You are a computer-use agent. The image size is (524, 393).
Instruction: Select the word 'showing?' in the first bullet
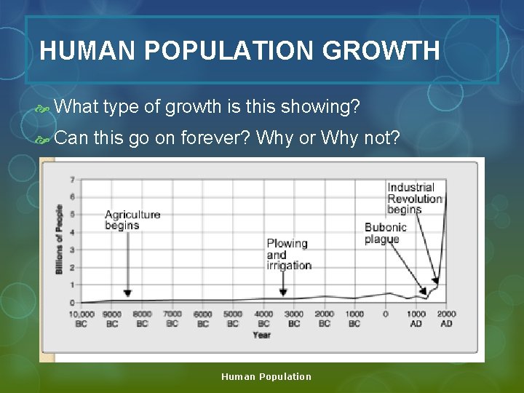pyautogui.click(x=323, y=107)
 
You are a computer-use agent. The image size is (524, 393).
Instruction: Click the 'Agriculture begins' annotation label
pyautogui.click(x=132, y=220)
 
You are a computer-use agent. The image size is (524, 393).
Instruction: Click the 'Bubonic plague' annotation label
pyautogui.click(x=386, y=233)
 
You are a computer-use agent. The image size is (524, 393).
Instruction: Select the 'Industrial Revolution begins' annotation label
pyautogui.click(x=415, y=198)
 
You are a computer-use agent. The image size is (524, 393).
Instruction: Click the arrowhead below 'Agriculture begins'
pyautogui.click(x=127, y=293)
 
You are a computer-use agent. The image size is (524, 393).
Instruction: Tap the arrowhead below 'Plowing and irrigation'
pyautogui.click(x=283, y=293)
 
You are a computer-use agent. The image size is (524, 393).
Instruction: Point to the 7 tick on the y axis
pyautogui.click(x=72, y=179)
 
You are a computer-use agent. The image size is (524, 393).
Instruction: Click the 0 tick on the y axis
pyautogui.click(x=72, y=302)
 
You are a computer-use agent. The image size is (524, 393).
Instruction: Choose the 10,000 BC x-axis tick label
pyautogui.click(x=81, y=319)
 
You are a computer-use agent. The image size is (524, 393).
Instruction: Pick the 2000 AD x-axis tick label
pyautogui.click(x=446, y=319)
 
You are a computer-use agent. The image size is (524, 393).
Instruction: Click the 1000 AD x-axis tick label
pyautogui.click(x=416, y=319)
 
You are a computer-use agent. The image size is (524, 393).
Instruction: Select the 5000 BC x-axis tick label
pyautogui.click(x=233, y=319)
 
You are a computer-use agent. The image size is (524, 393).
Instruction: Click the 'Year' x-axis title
pyautogui.click(x=261, y=335)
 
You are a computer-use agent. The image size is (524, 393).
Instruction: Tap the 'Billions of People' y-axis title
pyautogui.click(x=59, y=239)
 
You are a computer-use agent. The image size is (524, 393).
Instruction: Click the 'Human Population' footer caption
pyautogui.click(x=266, y=376)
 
